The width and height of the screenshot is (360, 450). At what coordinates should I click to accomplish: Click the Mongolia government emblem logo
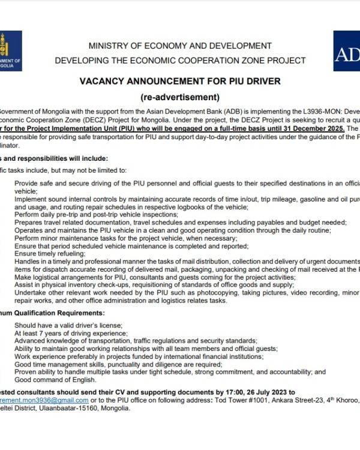(8, 50)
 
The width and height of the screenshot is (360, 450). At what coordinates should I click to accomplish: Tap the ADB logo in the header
(347, 53)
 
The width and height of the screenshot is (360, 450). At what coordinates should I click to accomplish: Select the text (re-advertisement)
(180, 97)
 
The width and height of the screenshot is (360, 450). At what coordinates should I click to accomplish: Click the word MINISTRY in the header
(111, 46)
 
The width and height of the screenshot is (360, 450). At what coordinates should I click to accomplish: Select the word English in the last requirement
(82, 380)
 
